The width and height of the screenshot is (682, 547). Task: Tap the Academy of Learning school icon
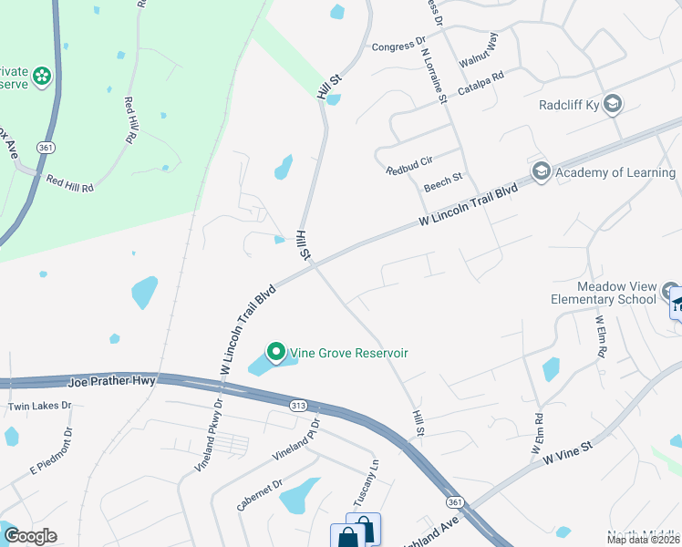(x=542, y=171)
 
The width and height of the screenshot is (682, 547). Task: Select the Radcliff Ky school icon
(x=613, y=104)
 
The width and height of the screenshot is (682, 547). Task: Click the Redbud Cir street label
(x=408, y=170)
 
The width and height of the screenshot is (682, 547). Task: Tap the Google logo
(x=30, y=536)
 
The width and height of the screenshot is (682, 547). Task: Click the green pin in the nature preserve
(x=41, y=77)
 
